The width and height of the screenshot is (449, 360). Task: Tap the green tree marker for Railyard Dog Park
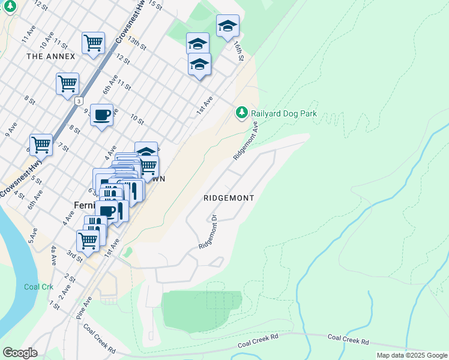coord(241,112)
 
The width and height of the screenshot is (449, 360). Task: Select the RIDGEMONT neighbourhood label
coord(229,198)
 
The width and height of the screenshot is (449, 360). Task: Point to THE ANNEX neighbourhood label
coord(51,56)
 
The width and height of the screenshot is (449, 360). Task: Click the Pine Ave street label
coord(83,307)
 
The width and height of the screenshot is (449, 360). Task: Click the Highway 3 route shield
coord(79,101)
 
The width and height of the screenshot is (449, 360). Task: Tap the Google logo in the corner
coord(20,352)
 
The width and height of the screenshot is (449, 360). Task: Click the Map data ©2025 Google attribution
coord(412,355)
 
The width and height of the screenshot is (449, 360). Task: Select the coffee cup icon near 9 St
coord(101,114)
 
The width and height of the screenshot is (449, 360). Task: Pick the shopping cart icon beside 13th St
coord(93,43)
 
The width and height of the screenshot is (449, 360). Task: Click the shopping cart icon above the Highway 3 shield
coord(67,83)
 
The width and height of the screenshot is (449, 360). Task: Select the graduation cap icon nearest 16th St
coord(228,26)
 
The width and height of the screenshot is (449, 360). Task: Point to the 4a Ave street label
coord(53,255)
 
